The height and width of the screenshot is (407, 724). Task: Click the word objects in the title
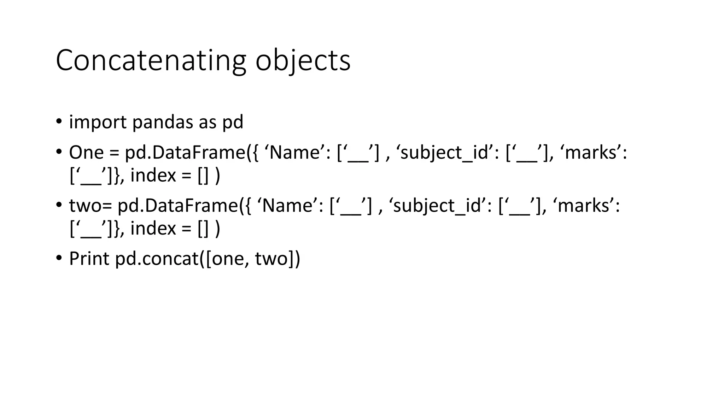[303, 61]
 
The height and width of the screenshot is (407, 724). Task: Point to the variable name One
[86, 153]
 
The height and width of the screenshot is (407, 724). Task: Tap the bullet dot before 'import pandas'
[59, 122]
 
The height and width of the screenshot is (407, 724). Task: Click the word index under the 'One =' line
[153, 175]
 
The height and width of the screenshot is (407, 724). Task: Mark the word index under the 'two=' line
[153, 228]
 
